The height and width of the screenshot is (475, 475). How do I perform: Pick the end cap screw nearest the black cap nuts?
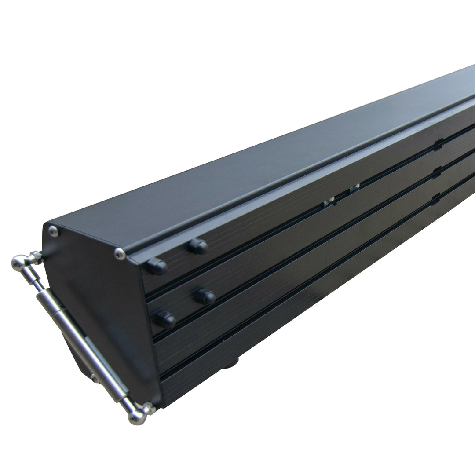pos(120,253)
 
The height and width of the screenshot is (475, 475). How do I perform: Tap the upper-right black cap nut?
pos(199,246)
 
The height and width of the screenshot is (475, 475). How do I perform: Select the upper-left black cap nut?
pos(157,266)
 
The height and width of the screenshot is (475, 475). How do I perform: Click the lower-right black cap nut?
pos(205,296)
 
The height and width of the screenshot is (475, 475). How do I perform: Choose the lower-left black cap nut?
pos(165,319)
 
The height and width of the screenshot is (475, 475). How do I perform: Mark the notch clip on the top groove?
pos(438,145)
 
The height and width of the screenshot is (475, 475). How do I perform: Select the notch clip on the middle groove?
pos(437,172)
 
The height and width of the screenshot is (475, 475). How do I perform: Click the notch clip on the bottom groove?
pos(436,199)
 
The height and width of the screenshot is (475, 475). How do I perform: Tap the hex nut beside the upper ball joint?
pos(36,256)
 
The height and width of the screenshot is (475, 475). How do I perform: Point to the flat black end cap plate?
pos(101,308)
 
